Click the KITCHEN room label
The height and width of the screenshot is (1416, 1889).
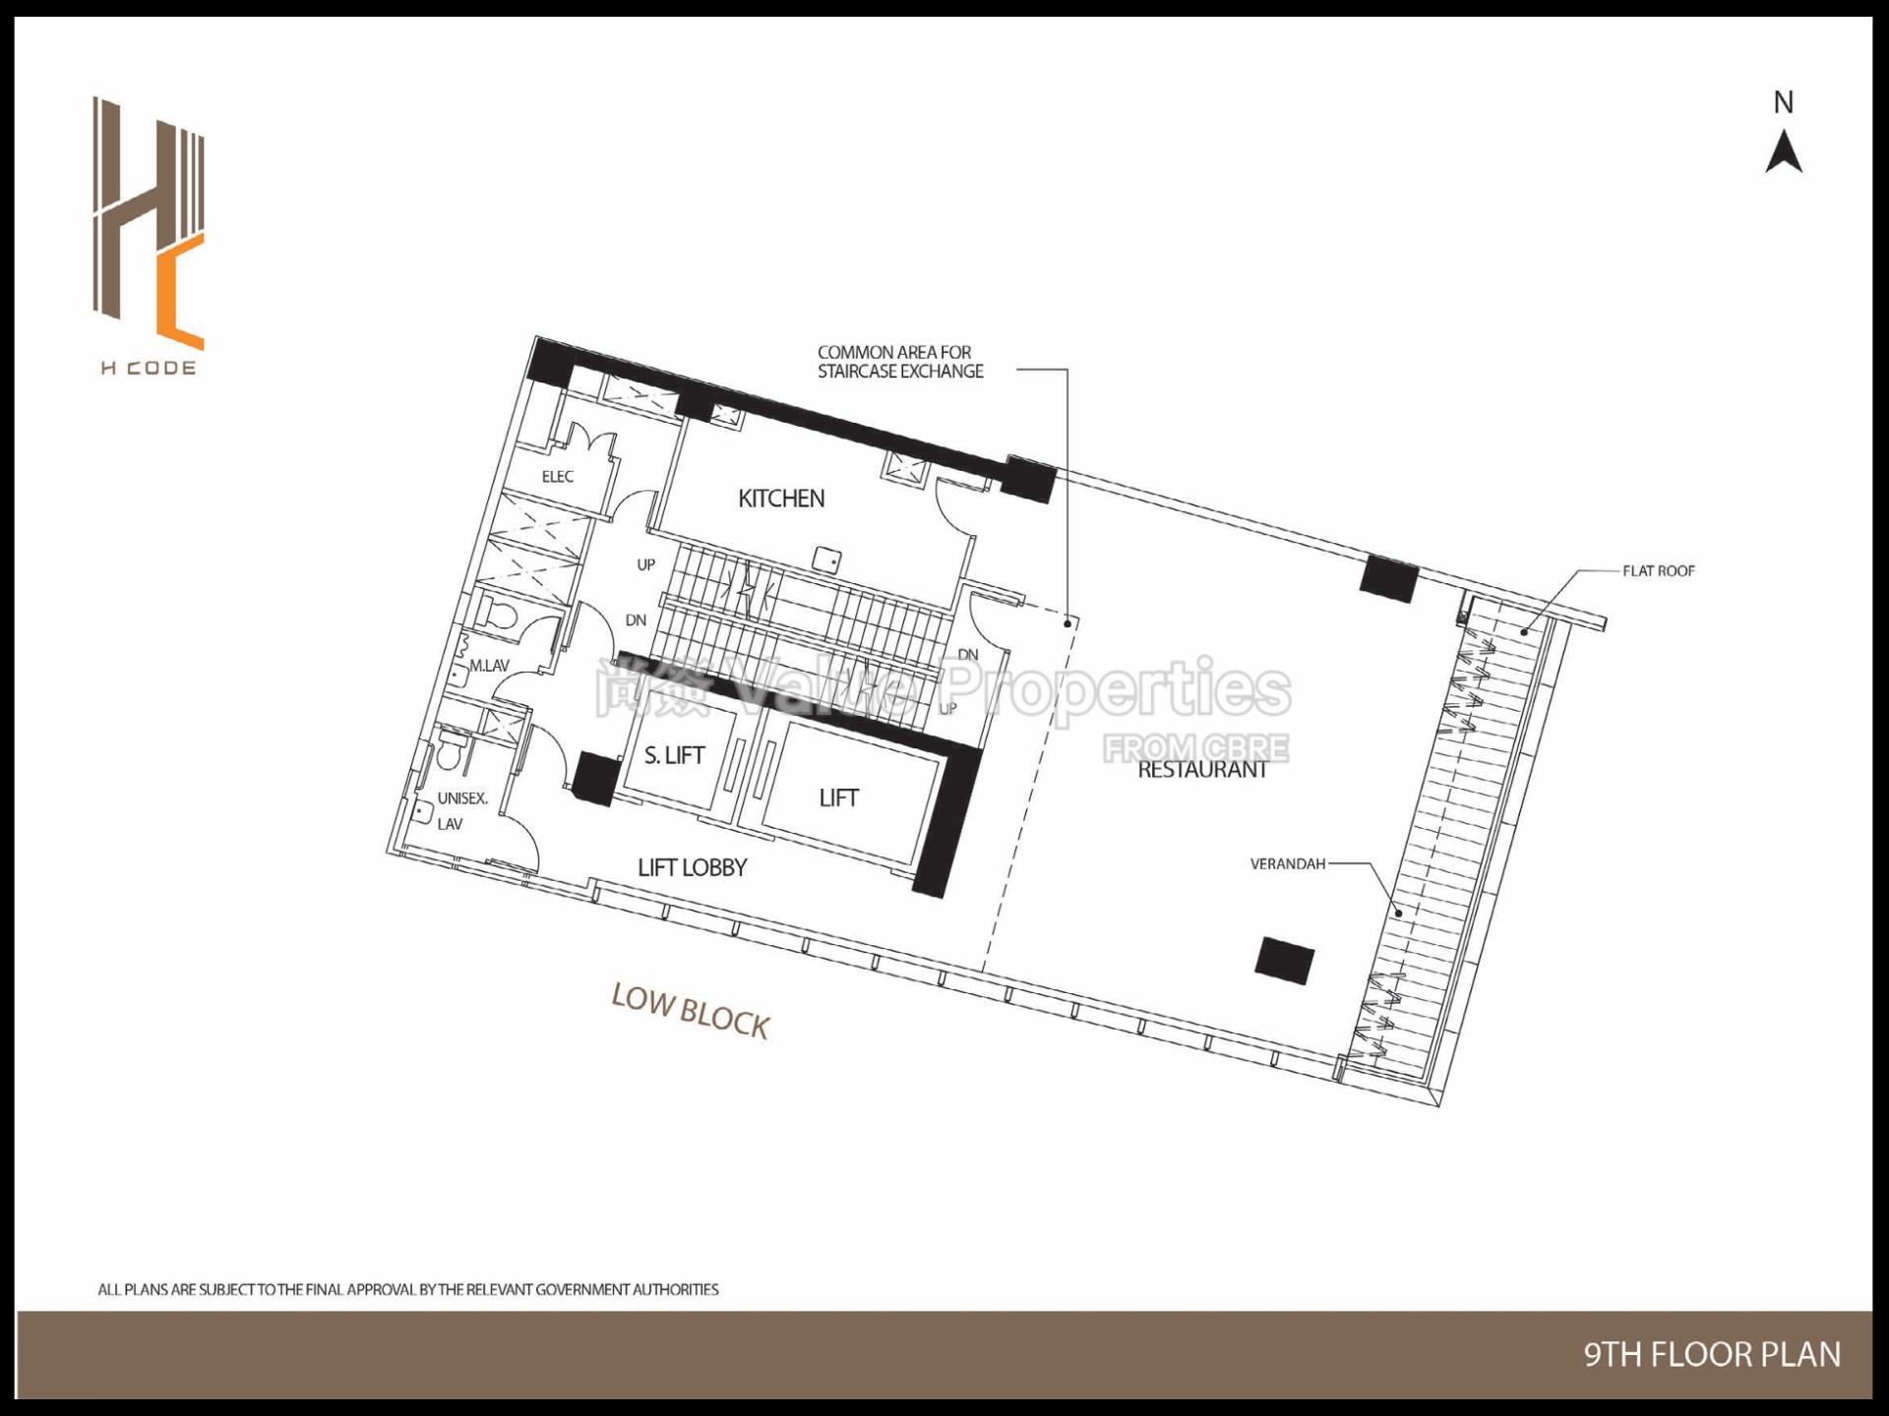(781, 499)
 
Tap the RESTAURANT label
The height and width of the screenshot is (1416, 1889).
(1202, 770)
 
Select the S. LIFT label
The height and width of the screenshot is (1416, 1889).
(674, 755)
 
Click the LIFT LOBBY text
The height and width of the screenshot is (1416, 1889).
(692, 867)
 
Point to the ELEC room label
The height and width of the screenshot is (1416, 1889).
(557, 477)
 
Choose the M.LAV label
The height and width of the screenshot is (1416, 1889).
(489, 666)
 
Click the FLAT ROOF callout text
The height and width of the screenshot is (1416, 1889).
(1659, 570)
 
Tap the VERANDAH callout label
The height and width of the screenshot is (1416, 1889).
(1287, 864)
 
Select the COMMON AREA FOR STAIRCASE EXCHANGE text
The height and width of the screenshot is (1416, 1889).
(899, 362)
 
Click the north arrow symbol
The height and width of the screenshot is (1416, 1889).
(1784, 154)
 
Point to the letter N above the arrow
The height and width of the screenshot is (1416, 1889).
(1784, 102)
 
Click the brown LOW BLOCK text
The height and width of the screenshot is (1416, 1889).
(690, 1011)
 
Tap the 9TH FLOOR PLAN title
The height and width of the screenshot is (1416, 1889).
(1711, 1355)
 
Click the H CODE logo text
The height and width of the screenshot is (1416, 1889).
(149, 369)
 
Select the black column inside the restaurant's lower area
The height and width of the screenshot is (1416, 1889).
(1285, 960)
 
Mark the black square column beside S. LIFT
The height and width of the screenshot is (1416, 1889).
(594, 779)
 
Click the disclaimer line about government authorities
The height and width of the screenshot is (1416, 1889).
(408, 1289)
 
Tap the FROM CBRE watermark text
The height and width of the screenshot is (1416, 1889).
(1194, 748)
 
